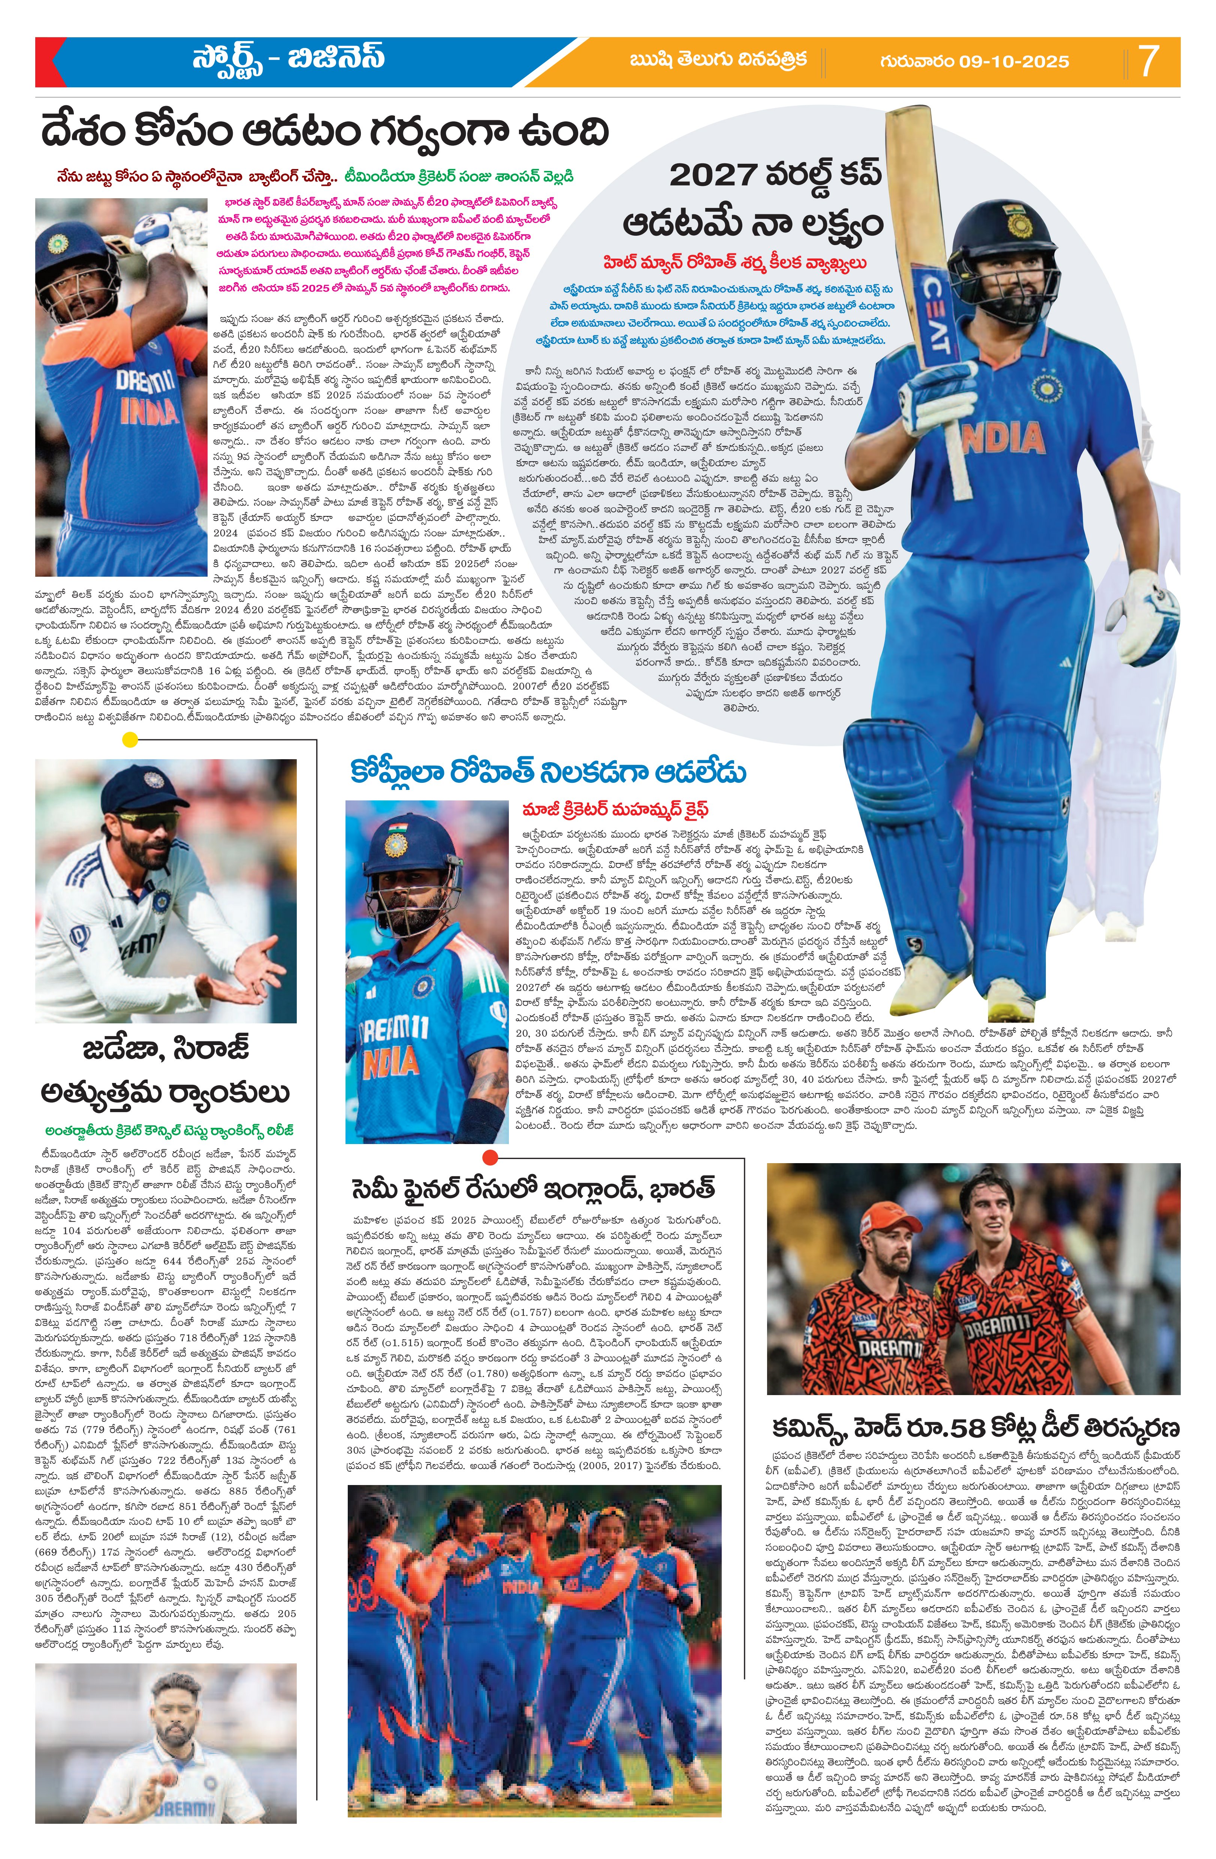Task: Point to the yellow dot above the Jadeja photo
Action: click(130, 739)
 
